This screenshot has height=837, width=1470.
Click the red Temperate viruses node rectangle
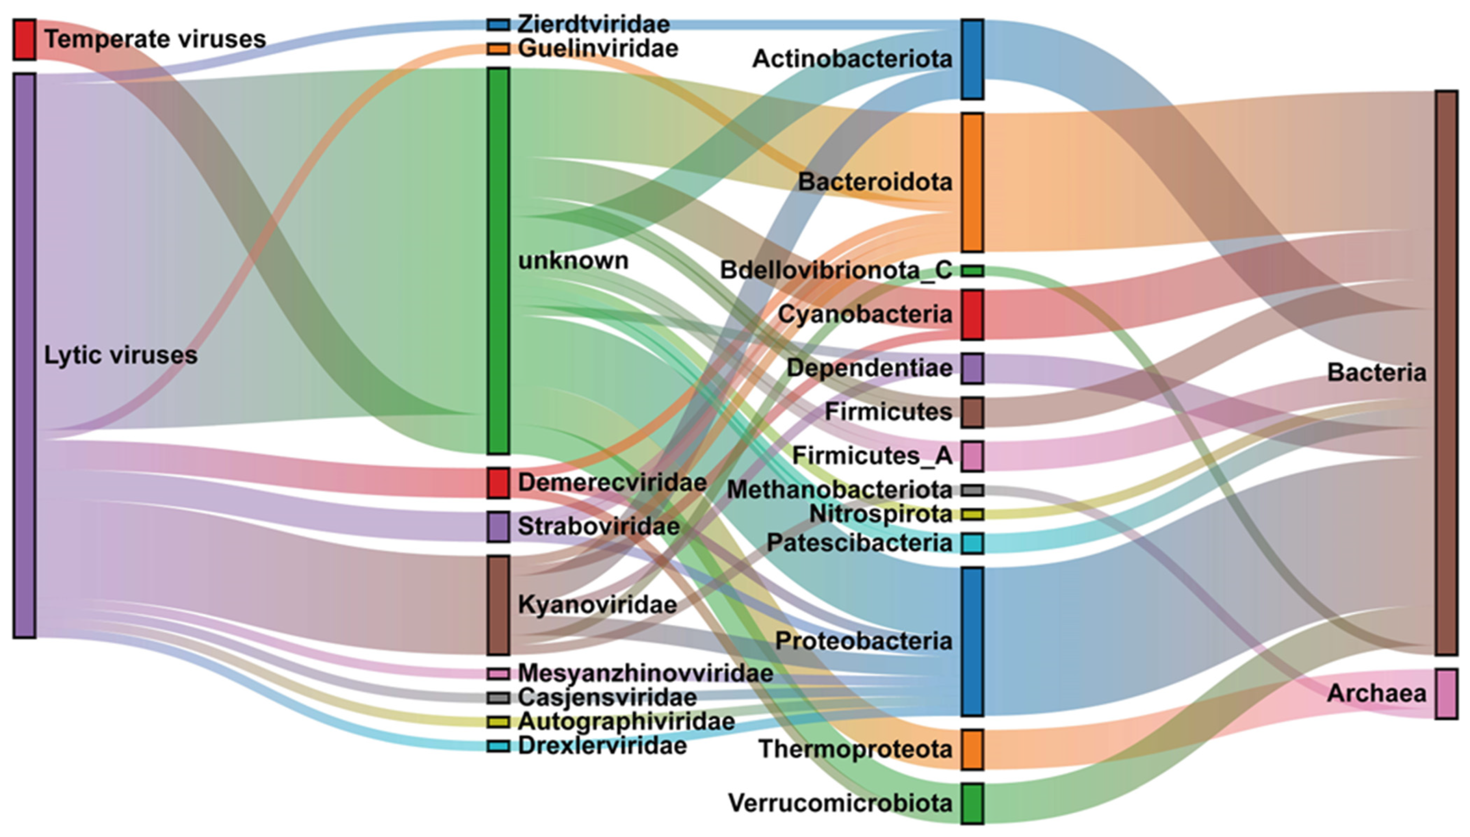[25, 39]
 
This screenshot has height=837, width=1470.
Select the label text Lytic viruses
[121, 355]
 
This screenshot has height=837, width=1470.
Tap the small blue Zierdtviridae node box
[498, 25]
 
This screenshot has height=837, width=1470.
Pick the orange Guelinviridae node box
[498, 49]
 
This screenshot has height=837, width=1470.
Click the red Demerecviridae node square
[498, 482]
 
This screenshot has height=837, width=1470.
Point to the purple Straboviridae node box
[498, 526]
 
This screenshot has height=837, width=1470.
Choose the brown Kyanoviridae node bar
[498, 604]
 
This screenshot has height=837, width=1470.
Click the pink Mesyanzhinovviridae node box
[498, 673]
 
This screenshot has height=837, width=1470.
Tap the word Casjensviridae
[607, 697]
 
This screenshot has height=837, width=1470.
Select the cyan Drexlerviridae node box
[498, 746]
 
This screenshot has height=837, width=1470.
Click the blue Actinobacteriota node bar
[972, 59]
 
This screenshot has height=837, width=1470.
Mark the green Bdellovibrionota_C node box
[972, 270]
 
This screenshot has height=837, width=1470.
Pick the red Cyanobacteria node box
[972, 314]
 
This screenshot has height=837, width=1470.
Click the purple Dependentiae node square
[972, 368]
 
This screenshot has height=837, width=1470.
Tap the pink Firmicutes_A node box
[972, 456]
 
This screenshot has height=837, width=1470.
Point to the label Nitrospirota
[880, 514]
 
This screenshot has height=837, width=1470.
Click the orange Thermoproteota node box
[972, 749]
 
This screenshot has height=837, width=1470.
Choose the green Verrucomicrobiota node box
[972, 803]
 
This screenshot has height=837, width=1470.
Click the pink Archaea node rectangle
[1446, 693]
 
